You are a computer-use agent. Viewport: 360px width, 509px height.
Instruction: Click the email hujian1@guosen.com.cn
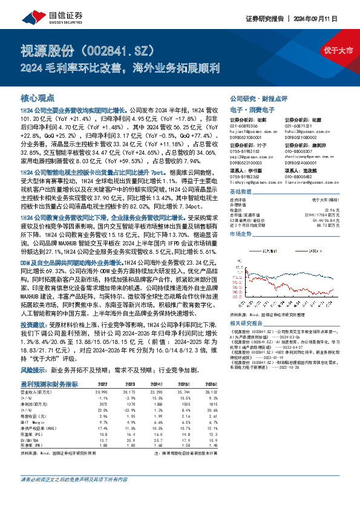250,130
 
